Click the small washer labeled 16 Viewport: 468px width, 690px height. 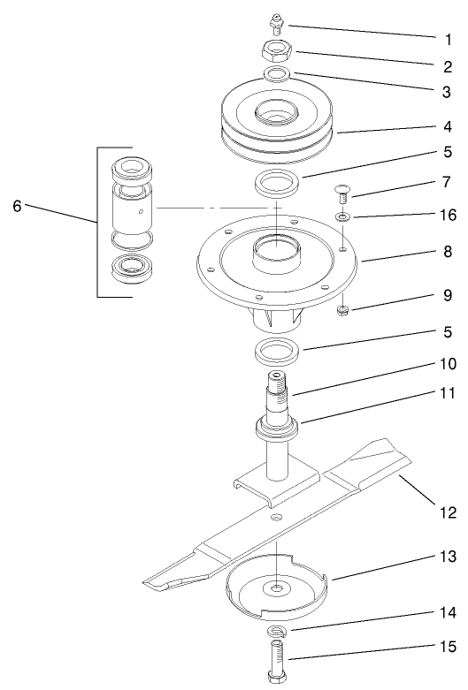(341, 216)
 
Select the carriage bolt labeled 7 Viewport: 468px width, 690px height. (341, 190)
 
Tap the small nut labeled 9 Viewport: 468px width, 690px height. (341, 310)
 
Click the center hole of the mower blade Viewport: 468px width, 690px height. (278, 518)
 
